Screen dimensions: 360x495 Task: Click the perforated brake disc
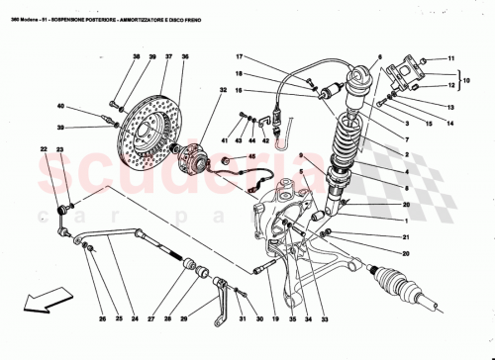click(148, 129)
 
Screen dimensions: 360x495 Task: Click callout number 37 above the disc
click(167, 57)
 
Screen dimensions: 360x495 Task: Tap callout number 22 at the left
click(44, 149)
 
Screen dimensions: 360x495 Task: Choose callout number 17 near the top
click(240, 58)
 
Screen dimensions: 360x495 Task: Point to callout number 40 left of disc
click(60, 106)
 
